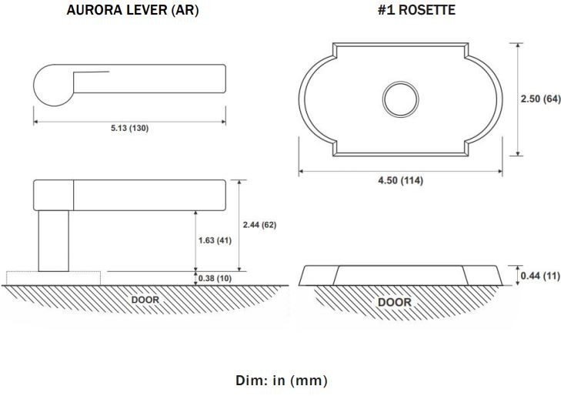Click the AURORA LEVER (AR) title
132,10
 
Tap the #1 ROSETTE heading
416,10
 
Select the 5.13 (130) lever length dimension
129,128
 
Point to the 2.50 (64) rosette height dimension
540,99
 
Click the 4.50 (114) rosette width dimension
401,180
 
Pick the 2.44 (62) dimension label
260,225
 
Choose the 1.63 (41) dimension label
215,240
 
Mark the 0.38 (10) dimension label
215,278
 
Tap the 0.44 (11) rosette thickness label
540,276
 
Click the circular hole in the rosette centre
400,99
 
